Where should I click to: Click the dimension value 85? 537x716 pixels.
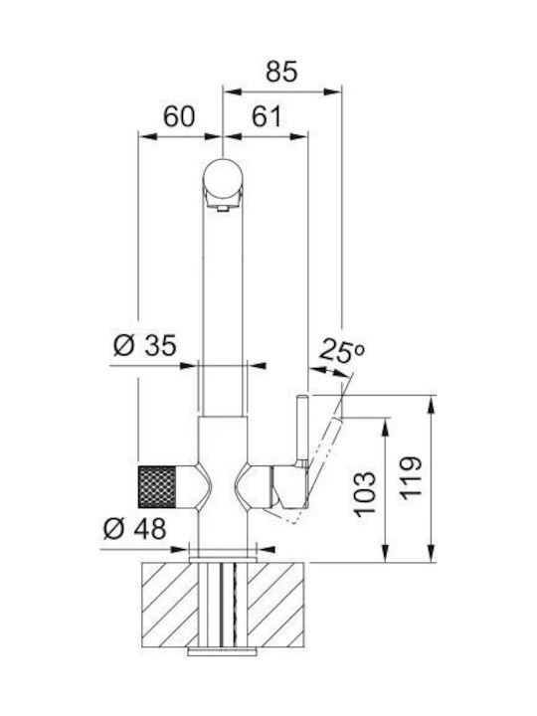click(x=281, y=72)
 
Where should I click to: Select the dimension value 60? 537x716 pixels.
click(x=179, y=116)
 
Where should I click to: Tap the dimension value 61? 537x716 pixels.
click(x=268, y=116)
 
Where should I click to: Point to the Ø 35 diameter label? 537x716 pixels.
click(x=145, y=345)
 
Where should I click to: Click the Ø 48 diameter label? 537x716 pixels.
click(x=134, y=529)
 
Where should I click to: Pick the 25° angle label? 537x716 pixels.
click(x=341, y=351)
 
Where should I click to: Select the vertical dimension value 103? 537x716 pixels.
click(x=366, y=494)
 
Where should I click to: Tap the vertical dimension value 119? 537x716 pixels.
click(x=411, y=477)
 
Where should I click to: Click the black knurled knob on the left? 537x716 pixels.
click(x=157, y=486)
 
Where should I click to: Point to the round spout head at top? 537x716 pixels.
click(x=223, y=179)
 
